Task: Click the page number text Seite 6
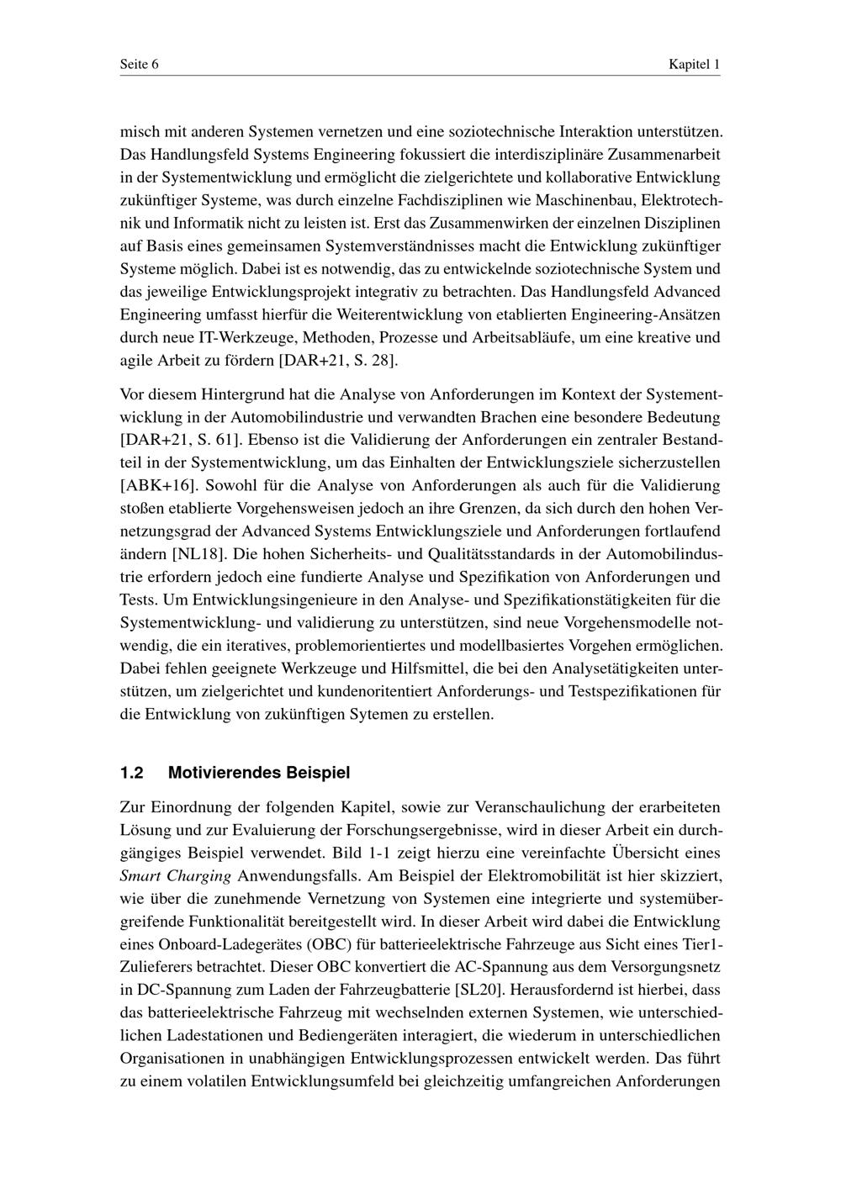(140, 65)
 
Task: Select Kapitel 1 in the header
(694, 65)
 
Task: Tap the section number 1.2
(132, 772)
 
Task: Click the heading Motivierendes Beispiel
(259, 772)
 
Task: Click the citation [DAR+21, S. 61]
(176, 439)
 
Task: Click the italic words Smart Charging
(176, 875)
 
